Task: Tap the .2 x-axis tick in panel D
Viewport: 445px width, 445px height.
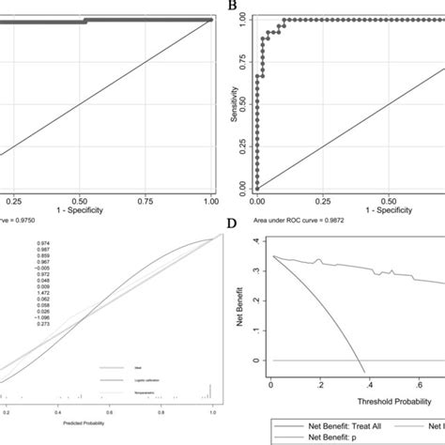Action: click(x=319, y=385)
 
